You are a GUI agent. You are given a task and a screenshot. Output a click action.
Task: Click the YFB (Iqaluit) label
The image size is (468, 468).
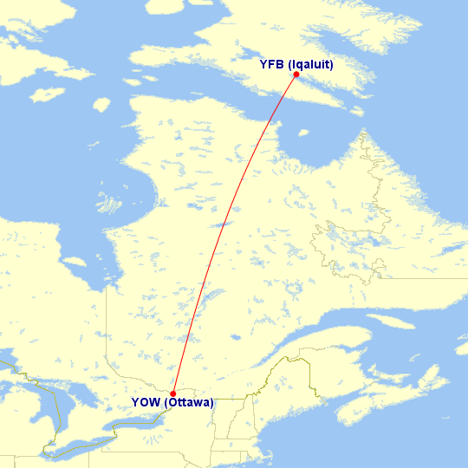(296, 64)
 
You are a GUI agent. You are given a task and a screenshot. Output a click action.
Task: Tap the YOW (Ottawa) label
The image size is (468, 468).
(173, 402)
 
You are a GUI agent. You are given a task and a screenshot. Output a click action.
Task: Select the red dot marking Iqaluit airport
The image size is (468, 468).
(296, 75)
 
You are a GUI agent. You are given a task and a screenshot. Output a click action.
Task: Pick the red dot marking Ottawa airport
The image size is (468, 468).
(173, 393)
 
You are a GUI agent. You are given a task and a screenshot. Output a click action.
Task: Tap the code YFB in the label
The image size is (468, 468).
(272, 64)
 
